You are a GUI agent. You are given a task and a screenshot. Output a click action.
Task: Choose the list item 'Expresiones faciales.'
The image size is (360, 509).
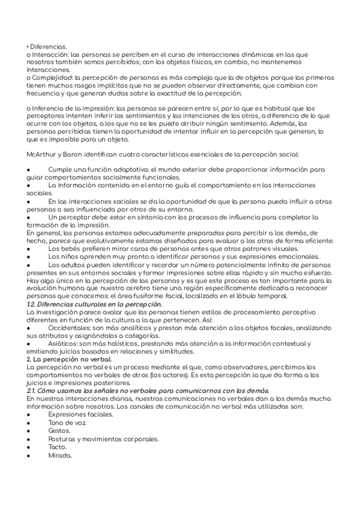click(80, 414)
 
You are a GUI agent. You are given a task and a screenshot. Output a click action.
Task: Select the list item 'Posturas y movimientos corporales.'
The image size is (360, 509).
click(104, 439)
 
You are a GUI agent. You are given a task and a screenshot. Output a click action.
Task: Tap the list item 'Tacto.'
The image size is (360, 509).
click(58, 447)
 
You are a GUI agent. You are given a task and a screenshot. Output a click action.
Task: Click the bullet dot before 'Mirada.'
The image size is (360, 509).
click(29, 456)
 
